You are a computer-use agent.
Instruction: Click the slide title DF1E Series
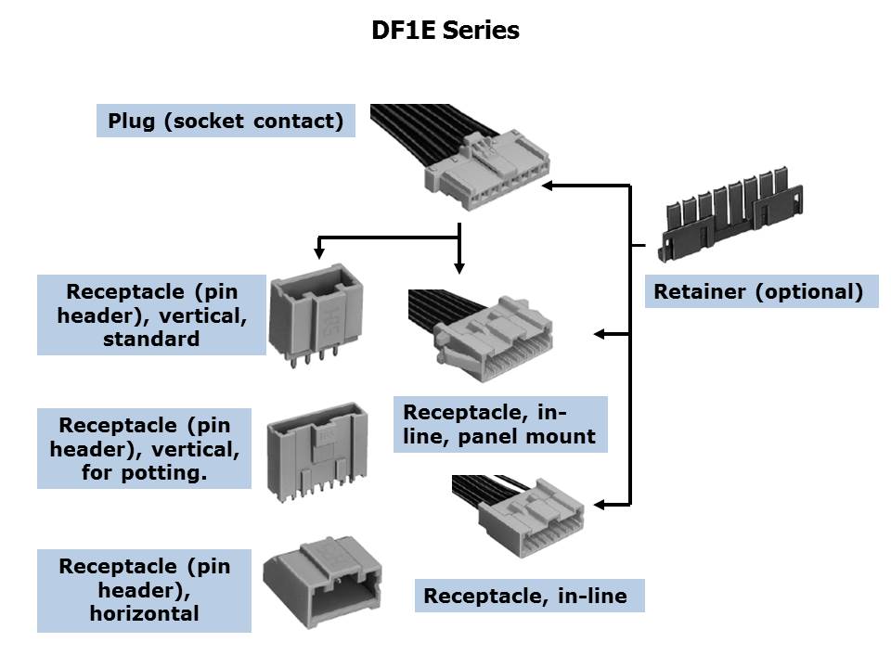(x=445, y=31)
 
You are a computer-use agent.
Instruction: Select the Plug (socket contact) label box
(x=226, y=121)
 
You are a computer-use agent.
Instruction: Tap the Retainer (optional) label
(x=760, y=291)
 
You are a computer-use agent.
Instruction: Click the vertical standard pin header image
(x=316, y=321)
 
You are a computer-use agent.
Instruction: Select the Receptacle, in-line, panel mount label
(x=499, y=424)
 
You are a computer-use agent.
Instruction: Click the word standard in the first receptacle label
(x=151, y=339)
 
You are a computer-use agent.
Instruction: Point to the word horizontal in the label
(x=144, y=613)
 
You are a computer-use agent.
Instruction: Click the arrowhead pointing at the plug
(x=549, y=186)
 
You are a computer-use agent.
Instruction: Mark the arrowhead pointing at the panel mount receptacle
(x=600, y=333)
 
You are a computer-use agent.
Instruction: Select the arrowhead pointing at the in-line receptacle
(x=600, y=504)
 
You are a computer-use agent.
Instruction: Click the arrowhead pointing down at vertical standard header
(x=319, y=252)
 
